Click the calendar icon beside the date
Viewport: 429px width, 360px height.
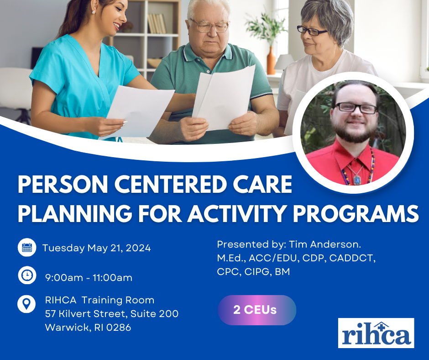pyautogui.click(x=27, y=248)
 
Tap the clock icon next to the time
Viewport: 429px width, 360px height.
pyautogui.click(x=27, y=275)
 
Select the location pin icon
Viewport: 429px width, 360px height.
pyautogui.click(x=26, y=304)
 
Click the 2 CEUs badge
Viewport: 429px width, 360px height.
pyautogui.click(x=257, y=310)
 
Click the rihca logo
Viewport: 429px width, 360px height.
pyautogui.click(x=376, y=333)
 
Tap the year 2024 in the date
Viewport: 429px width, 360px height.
pyautogui.click(x=138, y=248)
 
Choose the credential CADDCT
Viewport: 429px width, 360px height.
pyautogui.click(x=352, y=259)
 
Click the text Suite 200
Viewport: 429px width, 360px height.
pyautogui.click(x=154, y=314)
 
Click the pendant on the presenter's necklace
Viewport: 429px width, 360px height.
pyautogui.click(x=357, y=180)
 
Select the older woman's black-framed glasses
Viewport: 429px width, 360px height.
pyautogui.click(x=312, y=31)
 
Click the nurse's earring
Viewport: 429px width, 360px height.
pyautogui.click(x=94, y=12)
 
